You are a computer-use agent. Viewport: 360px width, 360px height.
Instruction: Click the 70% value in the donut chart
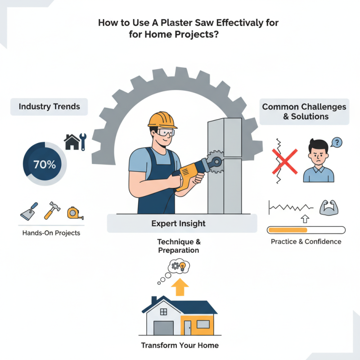(44, 164)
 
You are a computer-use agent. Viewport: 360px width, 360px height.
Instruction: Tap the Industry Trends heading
(49, 107)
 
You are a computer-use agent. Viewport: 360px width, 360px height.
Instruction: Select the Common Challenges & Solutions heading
(304, 112)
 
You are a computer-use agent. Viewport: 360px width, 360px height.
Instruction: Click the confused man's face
(318, 154)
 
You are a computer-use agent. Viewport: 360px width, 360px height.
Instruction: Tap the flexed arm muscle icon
(328, 207)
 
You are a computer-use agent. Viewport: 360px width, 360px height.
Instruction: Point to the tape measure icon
(75, 212)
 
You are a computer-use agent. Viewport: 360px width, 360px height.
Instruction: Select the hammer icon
(50, 210)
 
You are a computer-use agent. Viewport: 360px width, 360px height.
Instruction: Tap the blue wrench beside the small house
(83, 141)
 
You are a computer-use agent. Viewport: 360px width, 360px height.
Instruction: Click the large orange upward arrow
(180, 286)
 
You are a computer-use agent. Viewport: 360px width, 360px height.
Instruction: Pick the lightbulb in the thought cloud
(183, 267)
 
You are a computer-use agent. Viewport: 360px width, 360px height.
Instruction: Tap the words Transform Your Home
(180, 346)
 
